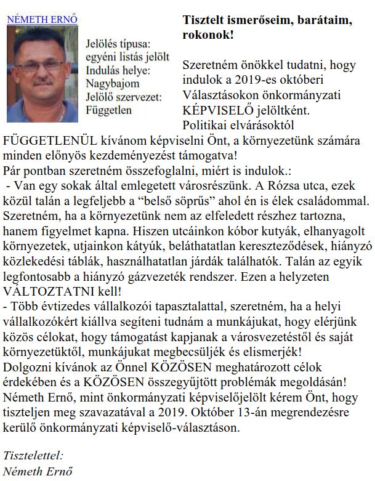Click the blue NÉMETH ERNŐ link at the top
[x=42, y=19]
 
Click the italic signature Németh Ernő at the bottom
[x=38, y=472]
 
